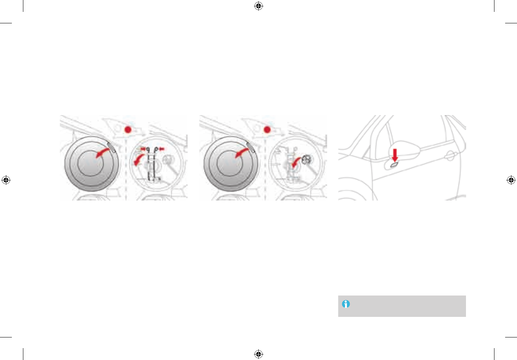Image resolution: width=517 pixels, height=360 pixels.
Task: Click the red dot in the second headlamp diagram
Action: [267, 129]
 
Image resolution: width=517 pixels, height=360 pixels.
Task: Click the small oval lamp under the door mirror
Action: [394, 165]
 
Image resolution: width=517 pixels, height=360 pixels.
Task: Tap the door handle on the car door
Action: [450, 156]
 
